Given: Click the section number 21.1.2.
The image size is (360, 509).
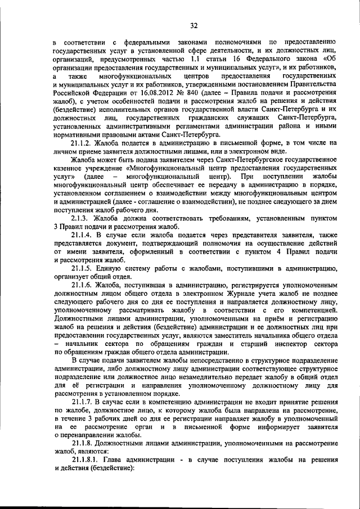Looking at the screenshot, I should (x=83, y=143).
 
